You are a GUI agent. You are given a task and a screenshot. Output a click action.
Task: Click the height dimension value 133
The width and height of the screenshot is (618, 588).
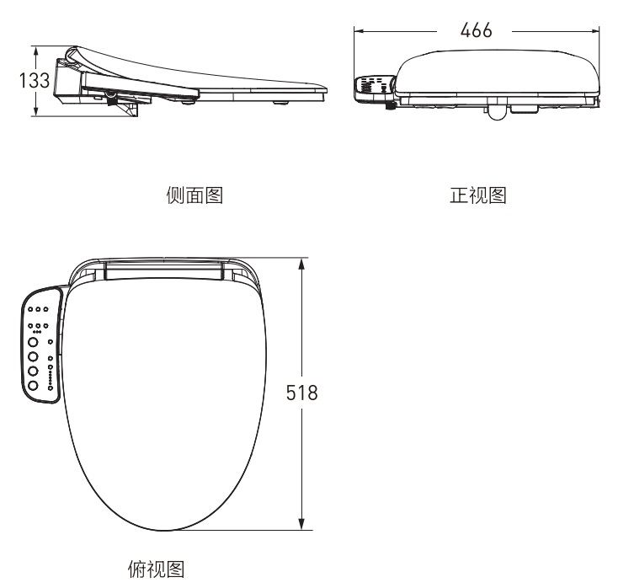[33, 81]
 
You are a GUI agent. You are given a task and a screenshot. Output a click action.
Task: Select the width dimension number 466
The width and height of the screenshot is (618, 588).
[476, 30]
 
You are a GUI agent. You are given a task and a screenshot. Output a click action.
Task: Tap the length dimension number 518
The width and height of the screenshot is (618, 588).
[301, 393]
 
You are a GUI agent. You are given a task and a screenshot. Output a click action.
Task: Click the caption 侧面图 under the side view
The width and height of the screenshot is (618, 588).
[194, 196]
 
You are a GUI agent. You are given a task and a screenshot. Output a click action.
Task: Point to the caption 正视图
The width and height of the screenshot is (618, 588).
[477, 196]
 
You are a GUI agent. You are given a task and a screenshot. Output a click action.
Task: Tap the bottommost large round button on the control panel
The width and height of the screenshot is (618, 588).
[33, 385]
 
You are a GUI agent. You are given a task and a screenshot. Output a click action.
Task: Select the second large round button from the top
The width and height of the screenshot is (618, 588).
[33, 357]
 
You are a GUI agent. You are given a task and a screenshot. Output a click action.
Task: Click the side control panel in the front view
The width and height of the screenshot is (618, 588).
[375, 87]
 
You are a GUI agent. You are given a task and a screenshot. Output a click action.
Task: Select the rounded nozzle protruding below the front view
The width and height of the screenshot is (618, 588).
[499, 111]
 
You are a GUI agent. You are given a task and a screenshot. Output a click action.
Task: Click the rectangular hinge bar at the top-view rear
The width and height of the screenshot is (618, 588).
[166, 269]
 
